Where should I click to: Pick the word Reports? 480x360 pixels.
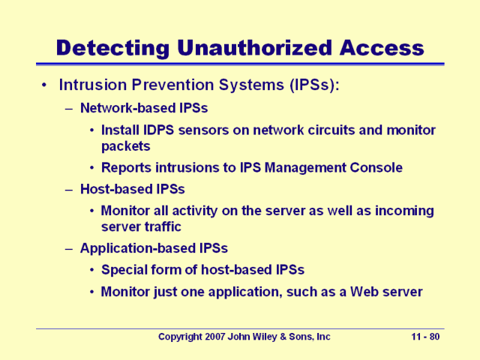pyautogui.click(x=125, y=168)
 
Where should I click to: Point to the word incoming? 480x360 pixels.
pyautogui.click(x=400, y=211)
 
